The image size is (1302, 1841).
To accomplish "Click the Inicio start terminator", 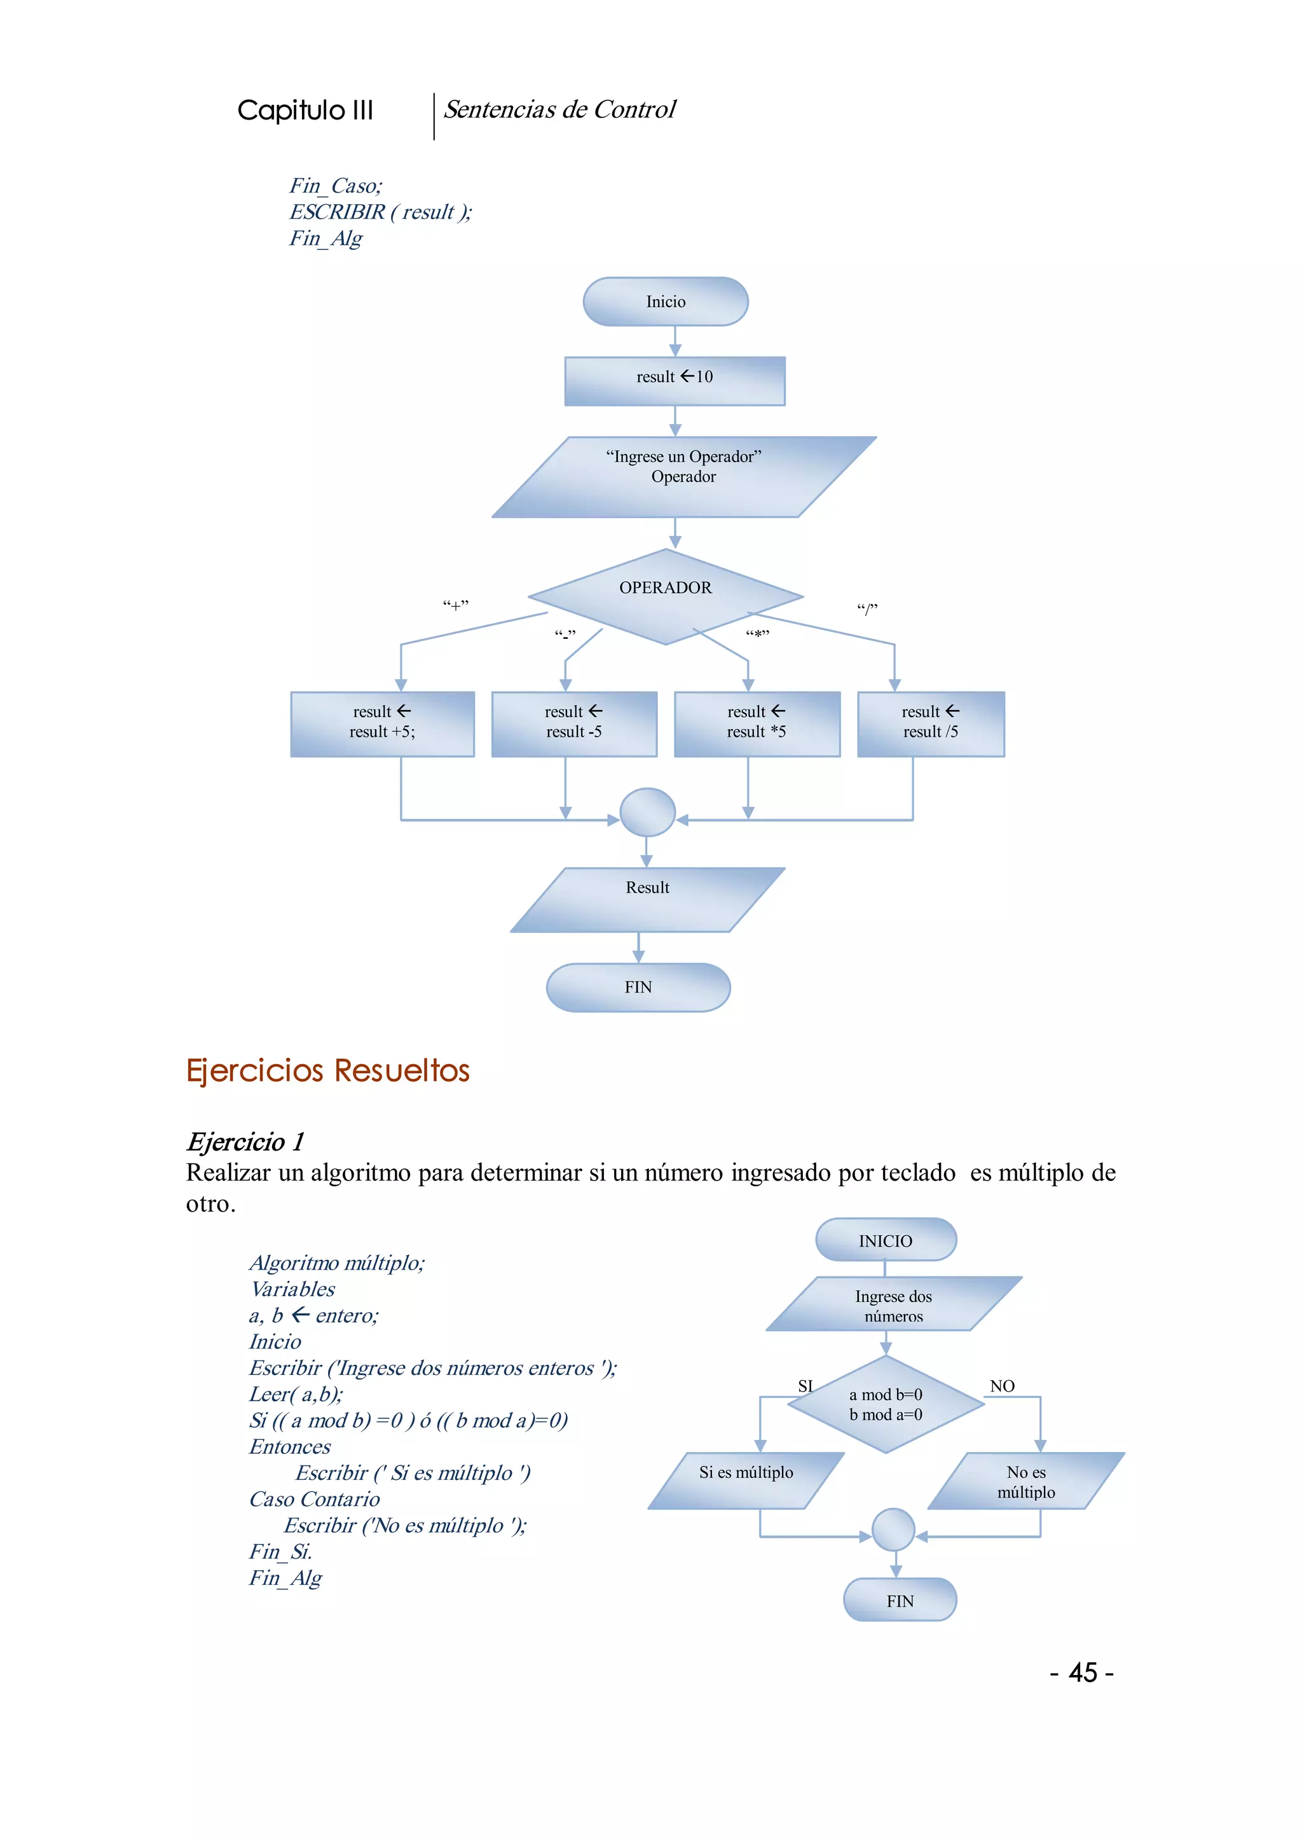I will click(666, 301).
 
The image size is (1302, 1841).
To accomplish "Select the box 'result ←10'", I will click(675, 381).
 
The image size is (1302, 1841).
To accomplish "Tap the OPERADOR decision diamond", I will click(666, 596).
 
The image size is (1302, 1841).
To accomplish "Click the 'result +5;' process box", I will click(383, 723).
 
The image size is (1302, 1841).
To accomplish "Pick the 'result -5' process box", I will click(574, 723).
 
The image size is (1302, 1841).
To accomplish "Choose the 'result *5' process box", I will click(757, 723).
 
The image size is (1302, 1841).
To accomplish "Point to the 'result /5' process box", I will click(931, 723).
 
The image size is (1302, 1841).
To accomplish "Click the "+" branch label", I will click(455, 605).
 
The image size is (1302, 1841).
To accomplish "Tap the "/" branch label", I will click(867, 608).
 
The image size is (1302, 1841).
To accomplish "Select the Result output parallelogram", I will click(647, 899).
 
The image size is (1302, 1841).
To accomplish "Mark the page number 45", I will click(1082, 1673).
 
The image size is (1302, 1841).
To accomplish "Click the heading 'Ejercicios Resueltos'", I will click(328, 1071).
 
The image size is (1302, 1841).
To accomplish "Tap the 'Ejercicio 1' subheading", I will click(245, 1141).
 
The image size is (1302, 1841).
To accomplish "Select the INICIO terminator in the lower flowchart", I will click(885, 1240).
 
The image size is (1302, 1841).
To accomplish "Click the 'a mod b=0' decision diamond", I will click(886, 1404).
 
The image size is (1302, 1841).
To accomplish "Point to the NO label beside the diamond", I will click(1002, 1386).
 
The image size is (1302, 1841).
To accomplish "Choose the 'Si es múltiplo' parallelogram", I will click(746, 1480).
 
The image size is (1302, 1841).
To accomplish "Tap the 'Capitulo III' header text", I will click(305, 110).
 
